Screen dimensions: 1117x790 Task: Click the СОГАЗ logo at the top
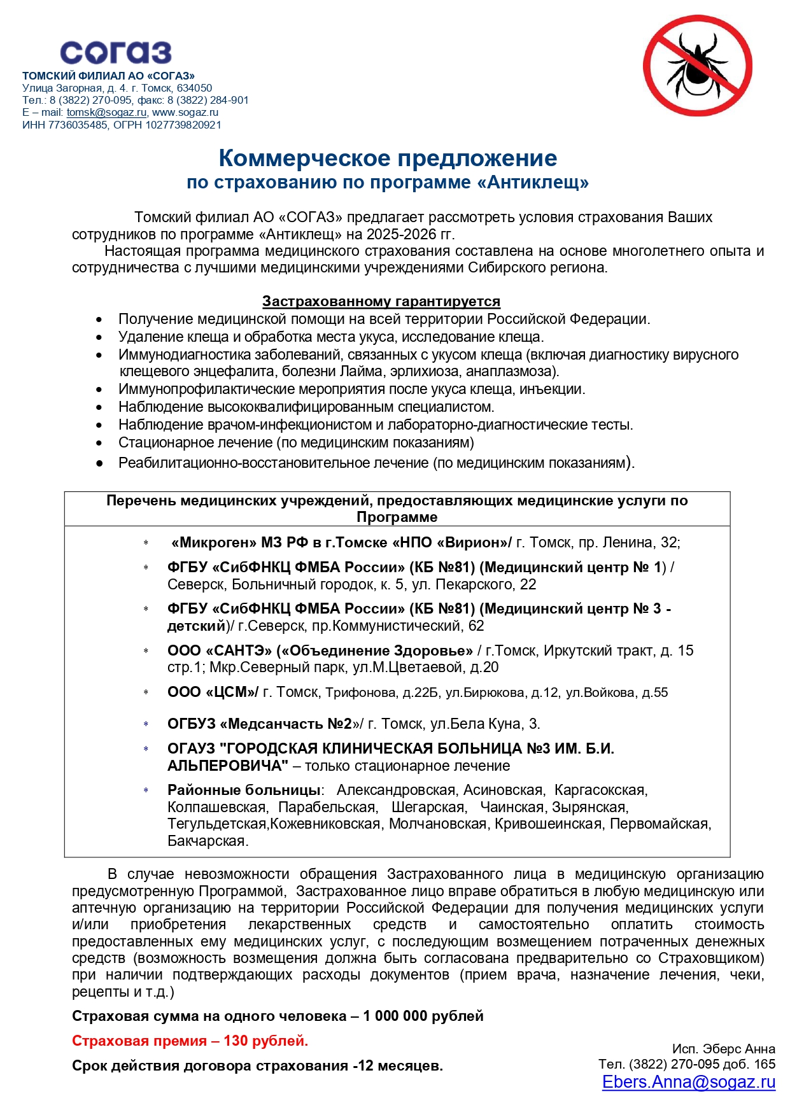pos(115,53)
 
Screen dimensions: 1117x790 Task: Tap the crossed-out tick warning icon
pos(697,66)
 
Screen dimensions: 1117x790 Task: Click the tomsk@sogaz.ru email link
pos(106,113)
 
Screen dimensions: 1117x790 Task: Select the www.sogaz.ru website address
pos(185,113)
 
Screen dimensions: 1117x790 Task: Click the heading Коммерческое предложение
pos(388,158)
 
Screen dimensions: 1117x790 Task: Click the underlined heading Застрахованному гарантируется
pos(381,301)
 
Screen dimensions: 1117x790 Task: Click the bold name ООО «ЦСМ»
pos(213,692)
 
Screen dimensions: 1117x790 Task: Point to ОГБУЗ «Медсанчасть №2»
pos(260,724)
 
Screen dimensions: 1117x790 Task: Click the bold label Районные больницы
pos(243,790)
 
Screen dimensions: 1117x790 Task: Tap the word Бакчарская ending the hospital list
pos(207,841)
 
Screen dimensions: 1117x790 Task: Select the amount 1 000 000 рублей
pos(423,1016)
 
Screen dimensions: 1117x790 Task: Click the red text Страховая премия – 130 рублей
pos(190,1041)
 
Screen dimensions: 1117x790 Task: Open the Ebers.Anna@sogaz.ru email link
pos(688,1082)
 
